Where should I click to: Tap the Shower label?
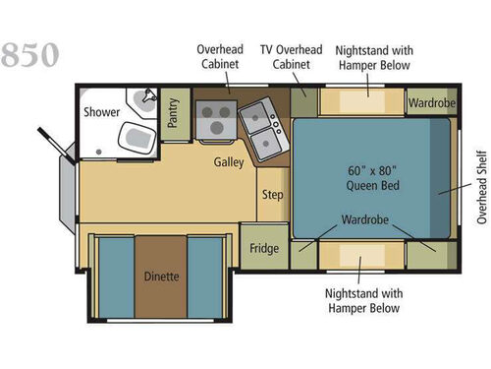pos(101,111)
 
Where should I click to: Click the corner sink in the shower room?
pos(147,98)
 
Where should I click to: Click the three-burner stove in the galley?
pos(213,119)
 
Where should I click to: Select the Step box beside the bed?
pos(273,195)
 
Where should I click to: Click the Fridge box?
pos(262,248)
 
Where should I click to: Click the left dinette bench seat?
pos(116,277)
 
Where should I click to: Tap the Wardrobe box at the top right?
pos(429,102)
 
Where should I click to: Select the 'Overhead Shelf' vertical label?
pos(480,187)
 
